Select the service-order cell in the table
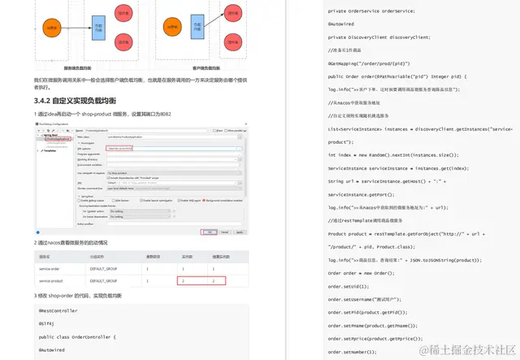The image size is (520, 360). tap(50, 267)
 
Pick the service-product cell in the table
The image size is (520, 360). tap(51, 280)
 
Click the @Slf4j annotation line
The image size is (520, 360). tap(46, 323)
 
